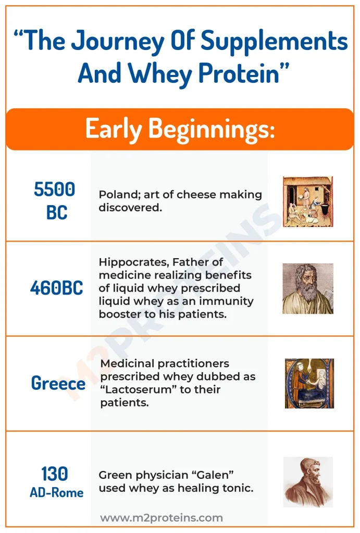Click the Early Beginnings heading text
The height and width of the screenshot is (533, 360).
[180, 129]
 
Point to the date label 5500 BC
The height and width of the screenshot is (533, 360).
[54, 200]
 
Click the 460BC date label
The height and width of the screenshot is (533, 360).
[56, 288]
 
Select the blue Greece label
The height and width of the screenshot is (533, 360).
[58, 383]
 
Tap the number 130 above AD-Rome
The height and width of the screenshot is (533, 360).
[54, 474]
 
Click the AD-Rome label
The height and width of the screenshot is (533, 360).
[56, 492]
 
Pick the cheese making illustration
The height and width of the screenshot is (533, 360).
[308, 201]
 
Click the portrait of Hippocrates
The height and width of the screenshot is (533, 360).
[308, 288]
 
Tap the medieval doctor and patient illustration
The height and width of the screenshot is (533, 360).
[309, 384]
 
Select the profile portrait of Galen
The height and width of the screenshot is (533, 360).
[308, 482]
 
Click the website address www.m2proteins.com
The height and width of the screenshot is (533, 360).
[162, 518]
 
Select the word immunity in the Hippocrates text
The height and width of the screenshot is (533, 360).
[226, 301]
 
